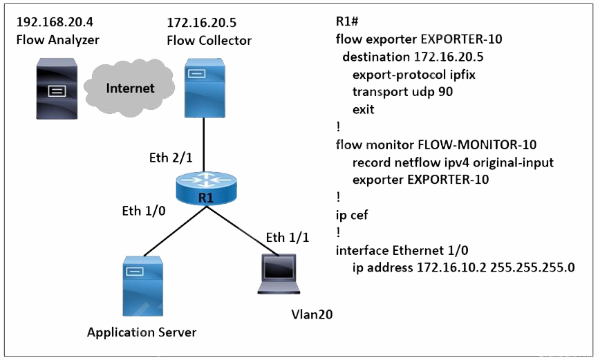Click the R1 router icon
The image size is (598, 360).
coord(206,189)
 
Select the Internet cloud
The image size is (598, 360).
coord(129,87)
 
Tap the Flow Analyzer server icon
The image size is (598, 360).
coord(57,88)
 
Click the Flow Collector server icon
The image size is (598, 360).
coord(205,88)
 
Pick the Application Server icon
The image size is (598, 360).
coord(142,285)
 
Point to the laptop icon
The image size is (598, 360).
coord(279,274)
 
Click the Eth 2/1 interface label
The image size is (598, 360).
coord(171,158)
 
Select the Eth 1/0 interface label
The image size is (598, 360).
coord(144,211)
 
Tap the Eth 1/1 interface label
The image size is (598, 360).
coord(287,237)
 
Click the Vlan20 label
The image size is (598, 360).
coord(312,314)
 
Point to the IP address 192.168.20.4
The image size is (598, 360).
coord(55,21)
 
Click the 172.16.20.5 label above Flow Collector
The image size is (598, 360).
coord(201,23)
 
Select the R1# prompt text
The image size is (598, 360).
coord(346,21)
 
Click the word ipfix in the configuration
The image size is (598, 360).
coord(462,75)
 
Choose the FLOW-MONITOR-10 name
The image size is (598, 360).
coord(477,144)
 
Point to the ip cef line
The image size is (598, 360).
coord(352,215)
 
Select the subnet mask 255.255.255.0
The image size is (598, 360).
coord(532,267)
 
